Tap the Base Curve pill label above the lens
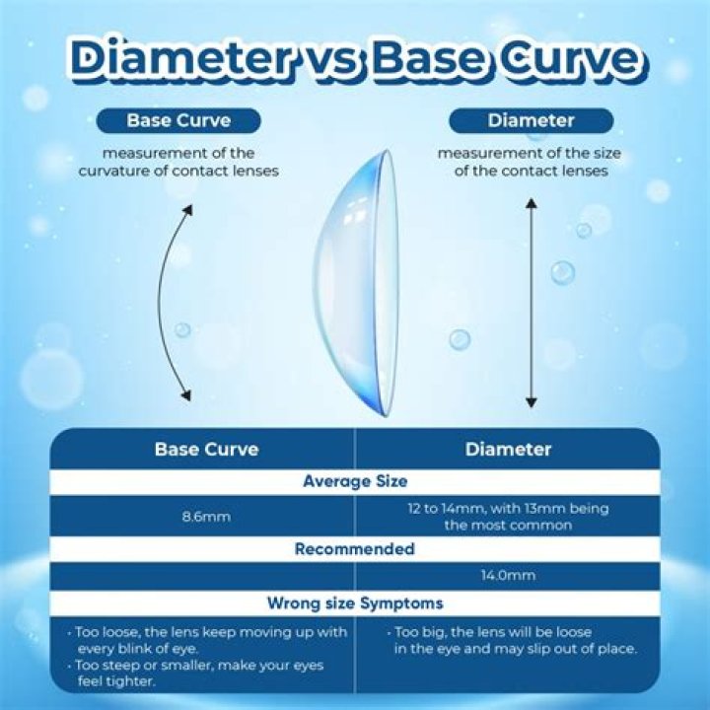click(x=177, y=121)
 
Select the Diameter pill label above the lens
click(x=531, y=121)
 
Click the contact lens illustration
click(x=360, y=281)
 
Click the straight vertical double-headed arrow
click(x=531, y=303)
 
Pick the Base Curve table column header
click(x=206, y=450)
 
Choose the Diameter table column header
click(x=508, y=450)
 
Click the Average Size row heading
click(x=356, y=482)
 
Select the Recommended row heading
click(x=355, y=549)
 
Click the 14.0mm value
click(x=508, y=576)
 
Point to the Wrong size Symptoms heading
click(x=355, y=603)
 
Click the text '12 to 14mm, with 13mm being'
click(x=508, y=509)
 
